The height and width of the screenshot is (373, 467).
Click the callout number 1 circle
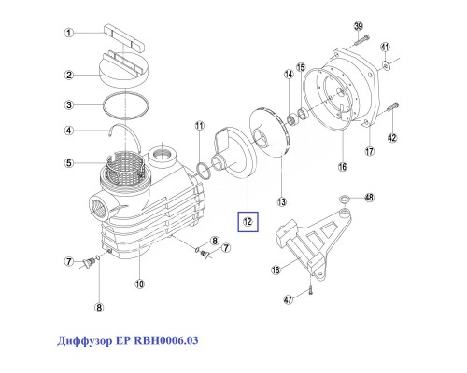(69, 33)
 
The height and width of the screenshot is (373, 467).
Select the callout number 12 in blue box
(248, 222)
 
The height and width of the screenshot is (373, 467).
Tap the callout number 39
(359, 26)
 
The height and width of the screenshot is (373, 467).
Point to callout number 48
(369, 198)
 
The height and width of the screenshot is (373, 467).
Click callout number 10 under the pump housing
(139, 283)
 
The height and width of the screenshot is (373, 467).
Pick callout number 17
(369, 151)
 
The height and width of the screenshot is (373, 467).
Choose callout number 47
(289, 299)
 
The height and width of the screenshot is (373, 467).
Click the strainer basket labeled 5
(125, 169)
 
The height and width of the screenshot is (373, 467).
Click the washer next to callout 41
(385, 65)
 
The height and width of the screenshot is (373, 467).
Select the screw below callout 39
(361, 41)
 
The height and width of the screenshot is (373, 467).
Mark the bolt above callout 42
(392, 107)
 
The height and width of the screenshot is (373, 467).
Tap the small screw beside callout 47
(311, 290)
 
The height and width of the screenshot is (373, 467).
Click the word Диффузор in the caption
(84, 340)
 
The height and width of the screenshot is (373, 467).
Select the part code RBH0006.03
(166, 340)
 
